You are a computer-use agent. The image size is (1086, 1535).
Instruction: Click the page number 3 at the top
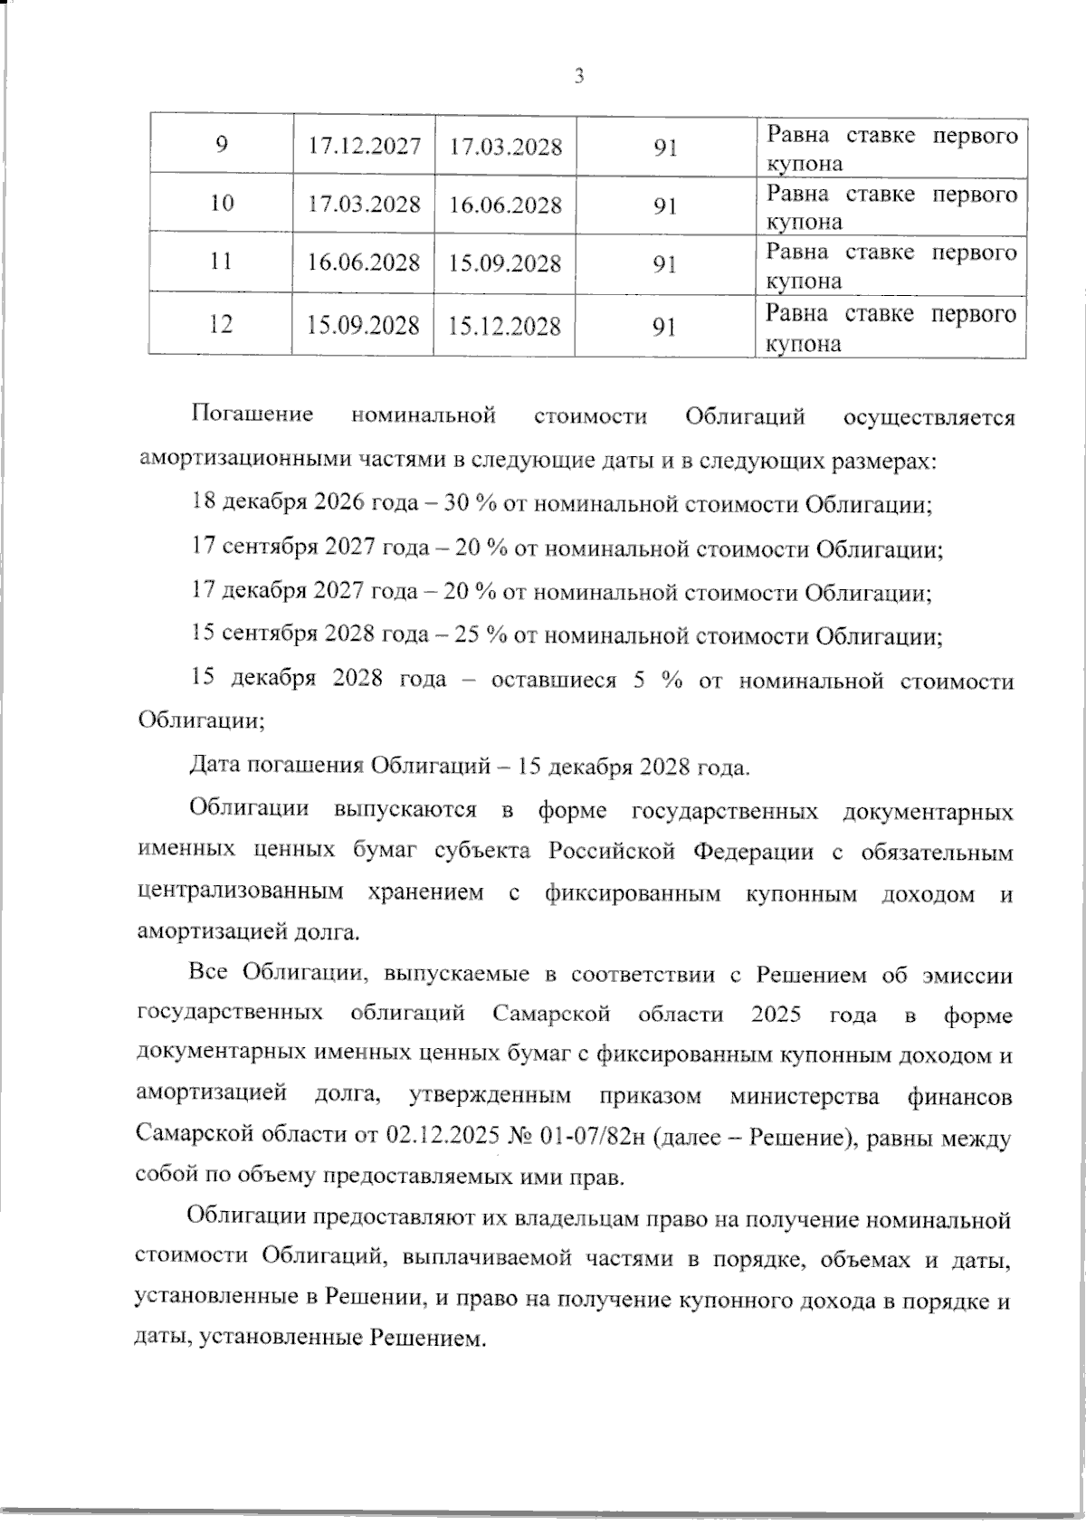[579, 77]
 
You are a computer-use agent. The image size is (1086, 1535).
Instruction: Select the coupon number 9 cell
[222, 145]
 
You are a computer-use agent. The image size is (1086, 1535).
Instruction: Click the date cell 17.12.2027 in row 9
[364, 146]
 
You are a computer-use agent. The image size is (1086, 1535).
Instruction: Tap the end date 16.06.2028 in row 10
[505, 205]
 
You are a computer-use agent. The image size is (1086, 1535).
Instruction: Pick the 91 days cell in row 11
[665, 263]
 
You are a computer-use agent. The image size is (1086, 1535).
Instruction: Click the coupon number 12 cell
[220, 323]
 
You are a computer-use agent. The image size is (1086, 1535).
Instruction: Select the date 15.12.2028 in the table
[505, 326]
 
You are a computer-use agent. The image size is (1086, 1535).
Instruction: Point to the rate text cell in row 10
[891, 207]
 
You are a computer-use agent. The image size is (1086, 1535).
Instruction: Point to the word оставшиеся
[552, 680]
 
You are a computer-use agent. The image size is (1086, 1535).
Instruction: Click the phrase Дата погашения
[278, 767]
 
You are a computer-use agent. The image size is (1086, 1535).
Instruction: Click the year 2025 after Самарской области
[776, 1014]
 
